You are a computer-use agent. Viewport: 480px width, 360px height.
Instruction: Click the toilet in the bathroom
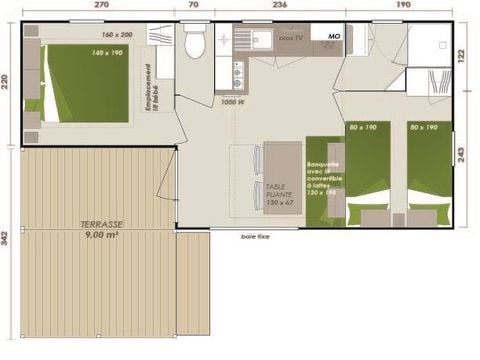(x=198, y=43)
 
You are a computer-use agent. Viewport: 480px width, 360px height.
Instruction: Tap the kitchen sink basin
(x=258, y=40)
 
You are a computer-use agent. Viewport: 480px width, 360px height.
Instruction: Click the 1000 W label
(x=234, y=102)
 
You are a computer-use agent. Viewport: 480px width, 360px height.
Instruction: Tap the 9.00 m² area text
(x=98, y=235)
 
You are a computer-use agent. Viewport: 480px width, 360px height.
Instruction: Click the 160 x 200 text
(x=117, y=33)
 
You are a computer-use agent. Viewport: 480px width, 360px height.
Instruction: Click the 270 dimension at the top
(x=101, y=6)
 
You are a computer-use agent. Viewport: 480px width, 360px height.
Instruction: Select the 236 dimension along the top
(x=279, y=6)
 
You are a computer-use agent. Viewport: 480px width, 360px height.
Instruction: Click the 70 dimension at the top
(x=193, y=6)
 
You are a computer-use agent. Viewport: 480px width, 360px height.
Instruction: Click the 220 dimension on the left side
(x=8, y=82)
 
